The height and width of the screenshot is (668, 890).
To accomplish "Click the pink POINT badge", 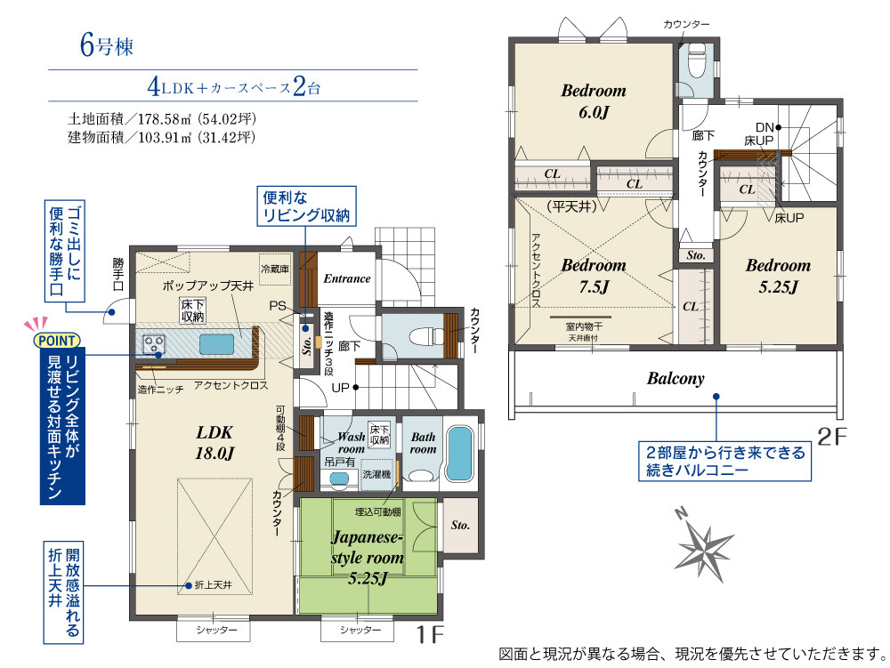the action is pos(57,341).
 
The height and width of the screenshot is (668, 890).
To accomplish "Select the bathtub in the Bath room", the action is pos(458,454).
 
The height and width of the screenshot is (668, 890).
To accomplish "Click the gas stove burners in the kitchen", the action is pos(153,344).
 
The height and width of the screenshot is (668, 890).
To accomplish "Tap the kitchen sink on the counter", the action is pos(216,344).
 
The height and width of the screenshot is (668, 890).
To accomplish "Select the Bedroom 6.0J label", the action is pos(594,101).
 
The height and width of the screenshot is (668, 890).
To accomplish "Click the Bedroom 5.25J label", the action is pos(778,276).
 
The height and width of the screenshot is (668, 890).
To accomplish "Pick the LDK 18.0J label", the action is pos(214,442).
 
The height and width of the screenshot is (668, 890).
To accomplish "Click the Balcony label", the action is pos(676,378).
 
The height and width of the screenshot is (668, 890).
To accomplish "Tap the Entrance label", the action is pos(347,278).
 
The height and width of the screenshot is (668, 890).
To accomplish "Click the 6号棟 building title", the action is pos(107,45).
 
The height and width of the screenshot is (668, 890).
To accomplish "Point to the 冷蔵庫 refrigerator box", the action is pos(275,269).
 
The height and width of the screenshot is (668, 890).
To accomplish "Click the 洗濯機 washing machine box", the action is pos(376,474).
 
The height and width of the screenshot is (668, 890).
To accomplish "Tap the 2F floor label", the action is pos(832,436).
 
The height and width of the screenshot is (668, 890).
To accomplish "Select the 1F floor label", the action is pos(430,634).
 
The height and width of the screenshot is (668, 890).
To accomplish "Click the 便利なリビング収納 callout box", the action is pos(306,206).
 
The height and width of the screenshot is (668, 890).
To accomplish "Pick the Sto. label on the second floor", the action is pos(696,255).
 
